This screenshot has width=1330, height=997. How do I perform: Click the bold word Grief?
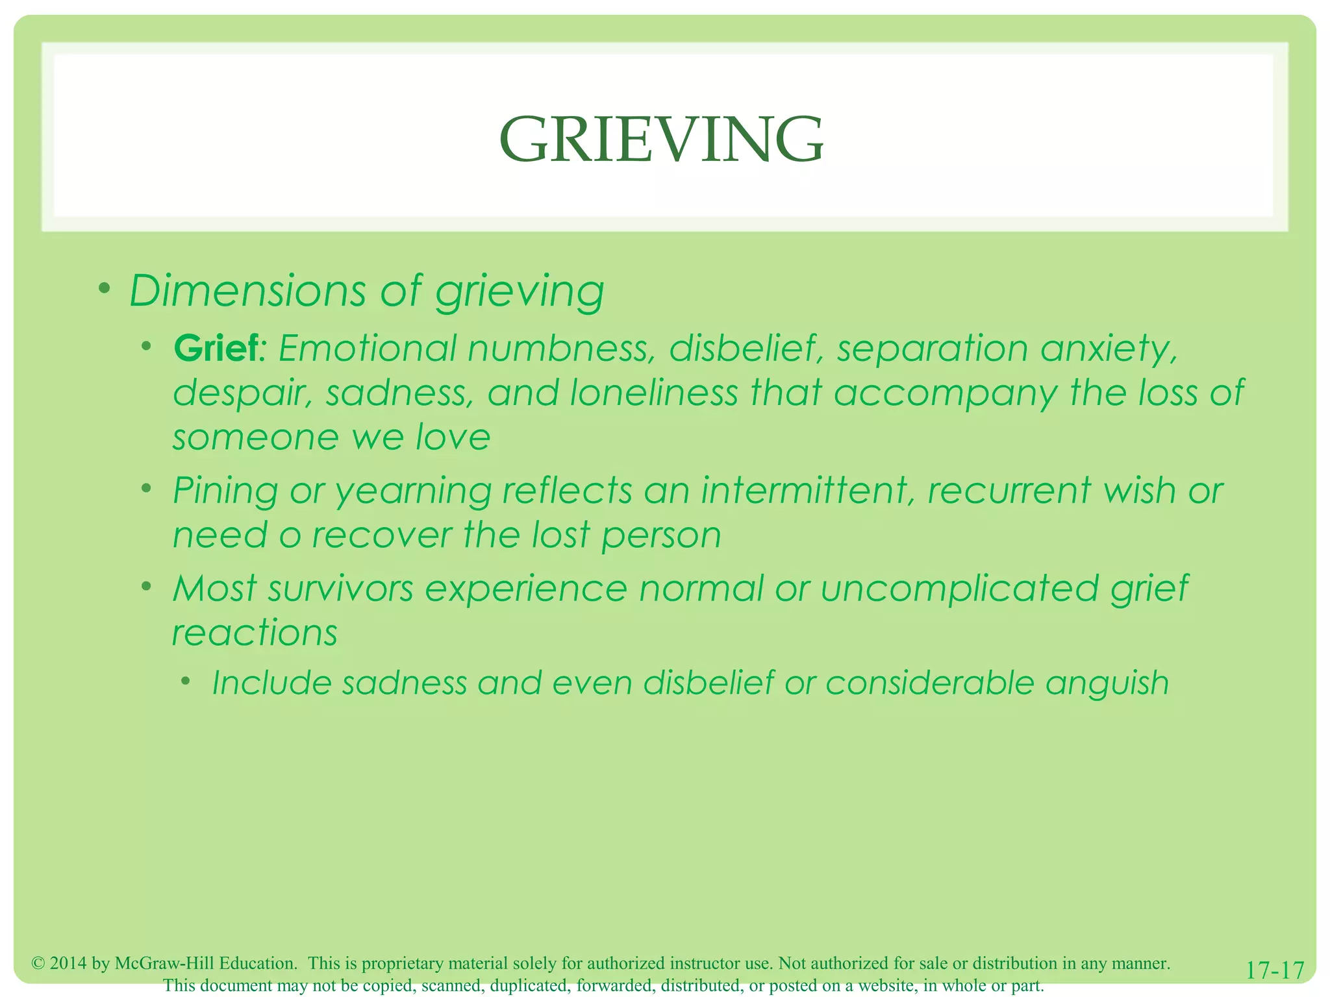[x=217, y=349]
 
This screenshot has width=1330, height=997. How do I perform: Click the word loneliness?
[x=654, y=393]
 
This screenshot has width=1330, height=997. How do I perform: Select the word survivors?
[x=340, y=588]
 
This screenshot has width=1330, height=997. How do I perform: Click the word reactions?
[x=255, y=633]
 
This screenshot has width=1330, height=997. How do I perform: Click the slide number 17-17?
[x=1275, y=970]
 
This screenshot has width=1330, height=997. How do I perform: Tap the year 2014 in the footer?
[x=68, y=963]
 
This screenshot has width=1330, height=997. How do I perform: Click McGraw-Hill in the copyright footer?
[x=165, y=963]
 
